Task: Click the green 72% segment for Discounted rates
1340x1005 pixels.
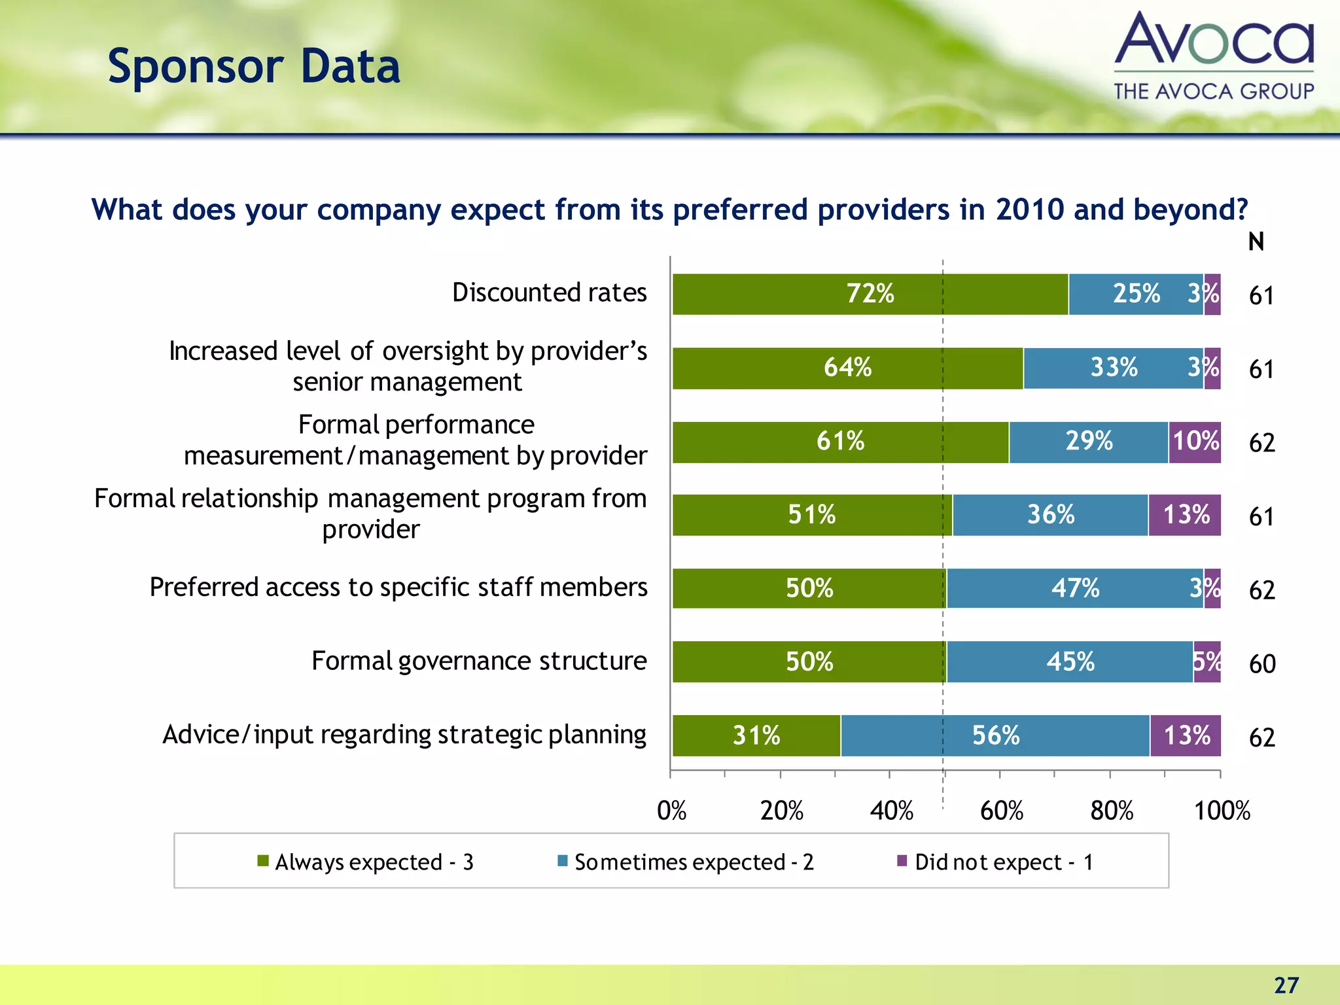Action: coord(870,294)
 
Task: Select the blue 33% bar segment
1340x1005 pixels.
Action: coord(1114,368)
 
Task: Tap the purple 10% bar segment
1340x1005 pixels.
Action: coord(1195,442)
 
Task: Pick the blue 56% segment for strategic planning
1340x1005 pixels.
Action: coord(995,735)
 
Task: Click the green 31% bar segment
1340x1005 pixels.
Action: coord(756,735)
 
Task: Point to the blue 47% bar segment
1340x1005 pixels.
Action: coord(1075,588)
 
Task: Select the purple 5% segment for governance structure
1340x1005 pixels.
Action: coord(1207,661)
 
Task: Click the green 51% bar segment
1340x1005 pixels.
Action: coord(812,515)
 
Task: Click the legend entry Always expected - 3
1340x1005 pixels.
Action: coord(366,862)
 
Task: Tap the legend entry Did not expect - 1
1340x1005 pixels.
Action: coord(995,862)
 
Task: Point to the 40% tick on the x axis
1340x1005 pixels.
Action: coord(891,811)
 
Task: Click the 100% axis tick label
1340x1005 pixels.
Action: coord(1222,811)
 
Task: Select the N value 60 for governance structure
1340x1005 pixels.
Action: coord(1261,664)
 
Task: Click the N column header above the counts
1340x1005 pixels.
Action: coord(1256,242)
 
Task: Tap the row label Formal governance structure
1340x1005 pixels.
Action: coord(479,661)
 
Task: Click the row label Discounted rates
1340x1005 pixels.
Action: coord(549,292)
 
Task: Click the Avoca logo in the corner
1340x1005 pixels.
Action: coord(1214,56)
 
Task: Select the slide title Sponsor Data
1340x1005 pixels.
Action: coord(254,67)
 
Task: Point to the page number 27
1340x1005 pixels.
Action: coord(1286,985)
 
